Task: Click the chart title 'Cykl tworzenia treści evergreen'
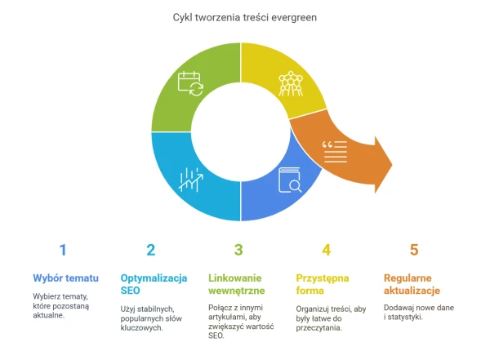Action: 245,17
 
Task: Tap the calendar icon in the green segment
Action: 190,83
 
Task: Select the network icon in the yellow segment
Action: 291,83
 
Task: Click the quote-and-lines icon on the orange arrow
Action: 335,152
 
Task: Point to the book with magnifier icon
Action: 290,180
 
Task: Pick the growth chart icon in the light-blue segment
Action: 191,180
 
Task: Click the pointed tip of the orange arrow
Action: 392,164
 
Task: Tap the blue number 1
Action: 63,250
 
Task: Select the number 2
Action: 150,250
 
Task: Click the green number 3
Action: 238,250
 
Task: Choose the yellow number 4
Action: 326,250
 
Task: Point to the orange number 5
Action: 414,250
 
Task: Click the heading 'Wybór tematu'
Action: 65,278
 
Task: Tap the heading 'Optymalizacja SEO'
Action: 154,284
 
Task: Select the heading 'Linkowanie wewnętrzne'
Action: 237,284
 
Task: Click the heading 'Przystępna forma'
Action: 323,284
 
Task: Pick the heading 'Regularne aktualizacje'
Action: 412,284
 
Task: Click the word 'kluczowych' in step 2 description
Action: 141,328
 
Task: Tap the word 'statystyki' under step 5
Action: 405,318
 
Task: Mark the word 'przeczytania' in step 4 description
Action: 318,328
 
